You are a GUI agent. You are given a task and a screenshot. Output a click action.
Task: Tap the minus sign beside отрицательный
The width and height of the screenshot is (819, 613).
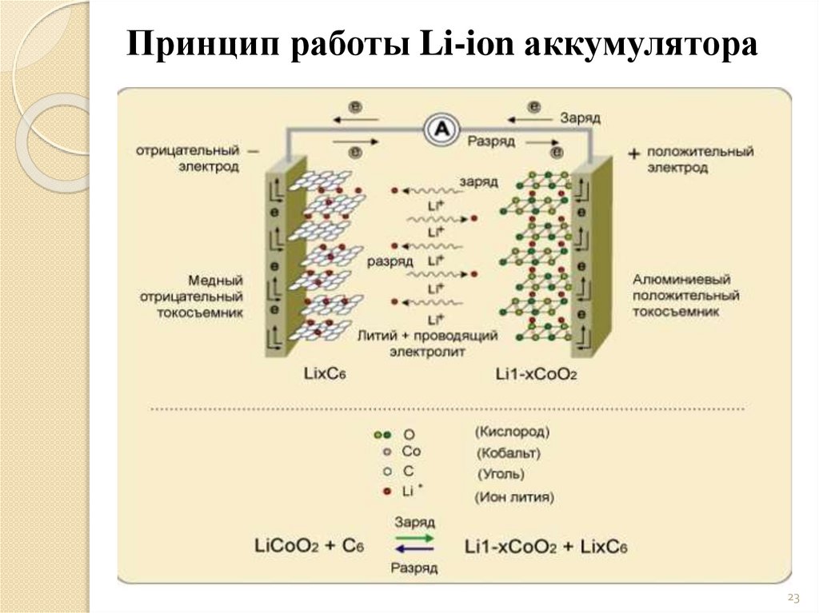(x=254, y=150)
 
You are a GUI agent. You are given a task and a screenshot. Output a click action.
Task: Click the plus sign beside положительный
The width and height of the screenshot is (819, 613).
(x=633, y=152)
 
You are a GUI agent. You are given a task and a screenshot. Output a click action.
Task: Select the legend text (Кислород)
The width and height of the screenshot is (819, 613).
(x=512, y=432)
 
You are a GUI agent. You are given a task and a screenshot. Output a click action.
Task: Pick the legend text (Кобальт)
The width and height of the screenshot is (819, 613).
(x=508, y=453)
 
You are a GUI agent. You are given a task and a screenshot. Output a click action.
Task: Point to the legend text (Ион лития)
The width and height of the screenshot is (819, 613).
(x=514, y=497)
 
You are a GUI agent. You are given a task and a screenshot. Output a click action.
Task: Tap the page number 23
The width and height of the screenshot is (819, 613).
(x=793, y=598)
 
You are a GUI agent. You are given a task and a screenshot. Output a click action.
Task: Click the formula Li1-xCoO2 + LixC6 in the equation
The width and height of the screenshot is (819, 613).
(x=545, y=547)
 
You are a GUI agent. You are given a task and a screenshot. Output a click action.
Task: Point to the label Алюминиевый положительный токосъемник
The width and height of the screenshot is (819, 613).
(x=685, y=296)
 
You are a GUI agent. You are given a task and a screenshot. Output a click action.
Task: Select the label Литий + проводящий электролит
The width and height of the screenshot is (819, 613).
(x=429, y=342)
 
